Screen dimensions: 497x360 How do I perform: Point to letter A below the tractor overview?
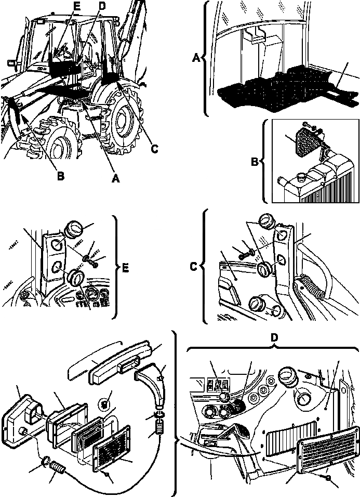[116, 178]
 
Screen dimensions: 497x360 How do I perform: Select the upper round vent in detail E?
[74, 229]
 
